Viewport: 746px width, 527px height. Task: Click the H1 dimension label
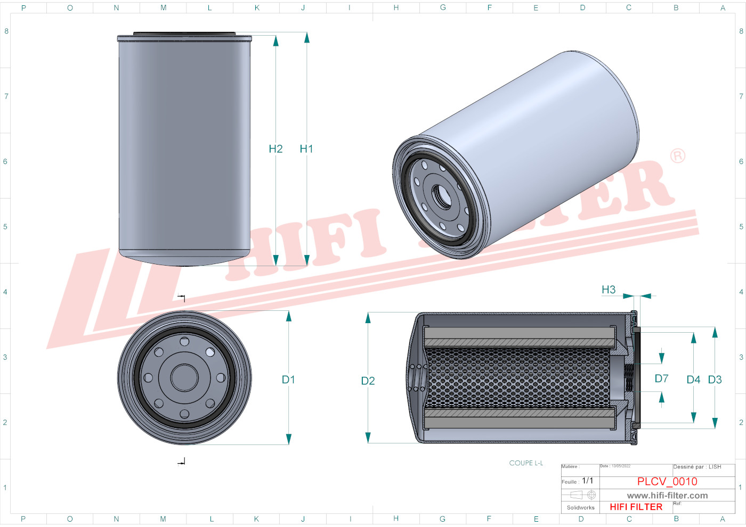pos(306,149)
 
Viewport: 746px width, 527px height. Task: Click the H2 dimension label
pos(275,149)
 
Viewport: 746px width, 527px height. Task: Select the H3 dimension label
pos(609,290)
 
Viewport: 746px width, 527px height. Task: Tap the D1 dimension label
pos(288,380)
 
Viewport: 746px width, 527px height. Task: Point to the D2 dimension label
pos(368,381)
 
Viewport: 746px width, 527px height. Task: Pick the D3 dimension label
pos(715,380)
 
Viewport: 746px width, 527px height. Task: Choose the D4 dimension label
pos(693,380)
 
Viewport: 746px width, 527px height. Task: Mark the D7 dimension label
pos(661,378)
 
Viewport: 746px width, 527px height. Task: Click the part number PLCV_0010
pos(667,481)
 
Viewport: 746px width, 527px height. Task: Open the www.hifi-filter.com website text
pos(667,496)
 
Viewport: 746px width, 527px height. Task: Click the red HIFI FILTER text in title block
pos(636,507)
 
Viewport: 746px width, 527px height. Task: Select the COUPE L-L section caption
pos(526,463)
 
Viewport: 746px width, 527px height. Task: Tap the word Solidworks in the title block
pos(580,507)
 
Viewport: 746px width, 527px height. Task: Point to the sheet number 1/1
pos(587,481)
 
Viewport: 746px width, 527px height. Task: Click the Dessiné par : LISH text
pos(697,467)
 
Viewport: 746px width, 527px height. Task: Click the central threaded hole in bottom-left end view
pos(184,377)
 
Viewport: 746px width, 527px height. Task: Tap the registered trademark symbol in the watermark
pos(677,155)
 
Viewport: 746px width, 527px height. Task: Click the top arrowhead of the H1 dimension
pos(306,37)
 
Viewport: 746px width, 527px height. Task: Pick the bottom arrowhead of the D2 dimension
pos(368,438)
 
